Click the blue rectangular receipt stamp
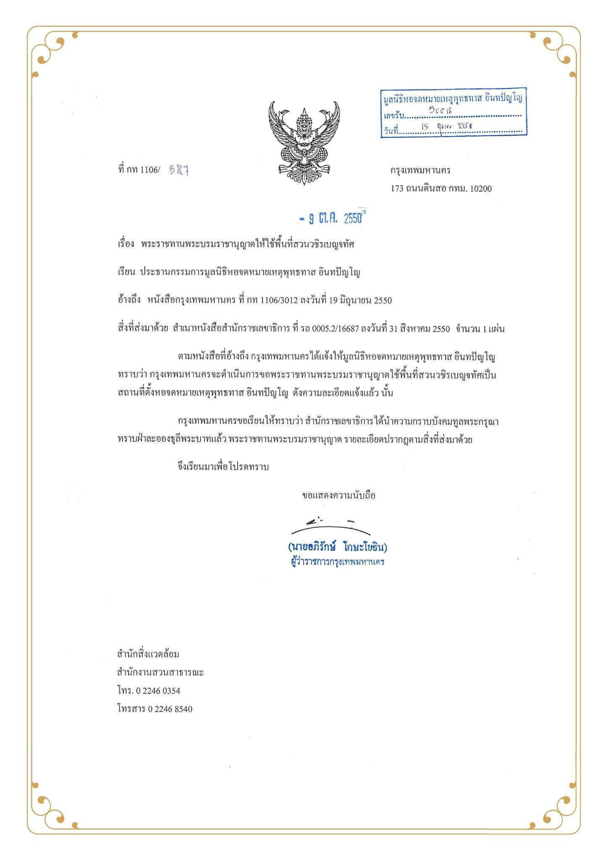tap(453, 113)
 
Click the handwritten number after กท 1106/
tap(178, 170)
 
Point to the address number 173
tap(397, 189)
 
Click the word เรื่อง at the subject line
tap(126, 244)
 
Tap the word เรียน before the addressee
tap(126, 272)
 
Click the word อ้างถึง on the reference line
tap(129, 300)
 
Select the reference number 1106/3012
tap(279, 301)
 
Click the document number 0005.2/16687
tap(335, 329)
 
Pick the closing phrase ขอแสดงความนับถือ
tap(338, 495)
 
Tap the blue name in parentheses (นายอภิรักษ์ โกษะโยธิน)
tap(338, 547)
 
